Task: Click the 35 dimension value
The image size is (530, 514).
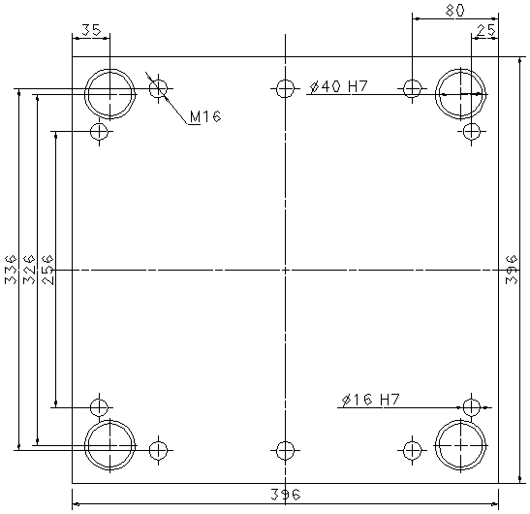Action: pyautogui.click(x=91, y=30)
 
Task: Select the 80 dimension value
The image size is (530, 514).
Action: pyautogui.click(x=454, y=11)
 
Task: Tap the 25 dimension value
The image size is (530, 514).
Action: pyautogui.click(x=485, y=30)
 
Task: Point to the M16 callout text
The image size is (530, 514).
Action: pyautogui.click(x=205, y=116)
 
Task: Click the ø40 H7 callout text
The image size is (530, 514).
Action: pyautogui.click(x=338, y=86)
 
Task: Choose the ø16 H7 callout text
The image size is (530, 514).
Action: pyautogui.click(x=371, y=400)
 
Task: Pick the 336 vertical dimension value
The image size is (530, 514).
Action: pyautogui.click(x=11, y=270)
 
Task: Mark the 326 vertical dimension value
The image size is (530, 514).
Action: pyautogui.click(x=29, y=270)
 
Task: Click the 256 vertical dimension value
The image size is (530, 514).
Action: pyautogui.click(x=47, y=270)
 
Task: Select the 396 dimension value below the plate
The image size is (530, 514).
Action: pyautogui.click(x=286, y=495)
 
